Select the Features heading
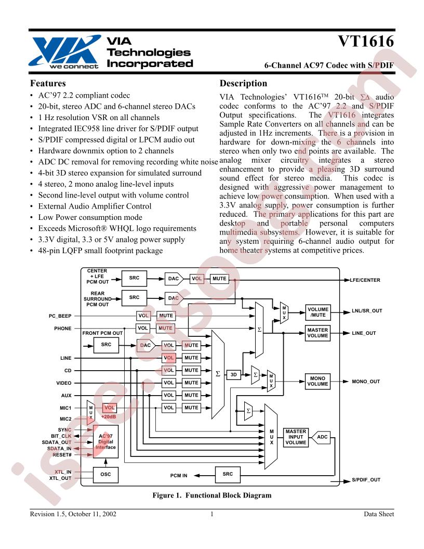pos(48,84)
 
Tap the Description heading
pos(243,84)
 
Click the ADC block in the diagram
pos(323,437)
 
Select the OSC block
pos(106,474)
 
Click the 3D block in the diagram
pos(234,374)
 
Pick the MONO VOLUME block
pos(317,381)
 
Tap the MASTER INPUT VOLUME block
pos(296,437)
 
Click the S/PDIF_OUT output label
pos(366,479)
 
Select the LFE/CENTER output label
pos(366,280)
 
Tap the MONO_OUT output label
pos(366,381)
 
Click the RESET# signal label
pos(62,454)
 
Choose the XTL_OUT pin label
pos(60,477)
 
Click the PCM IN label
pos(179,475)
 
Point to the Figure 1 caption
pos(211,495)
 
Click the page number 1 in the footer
pos(212,514)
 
